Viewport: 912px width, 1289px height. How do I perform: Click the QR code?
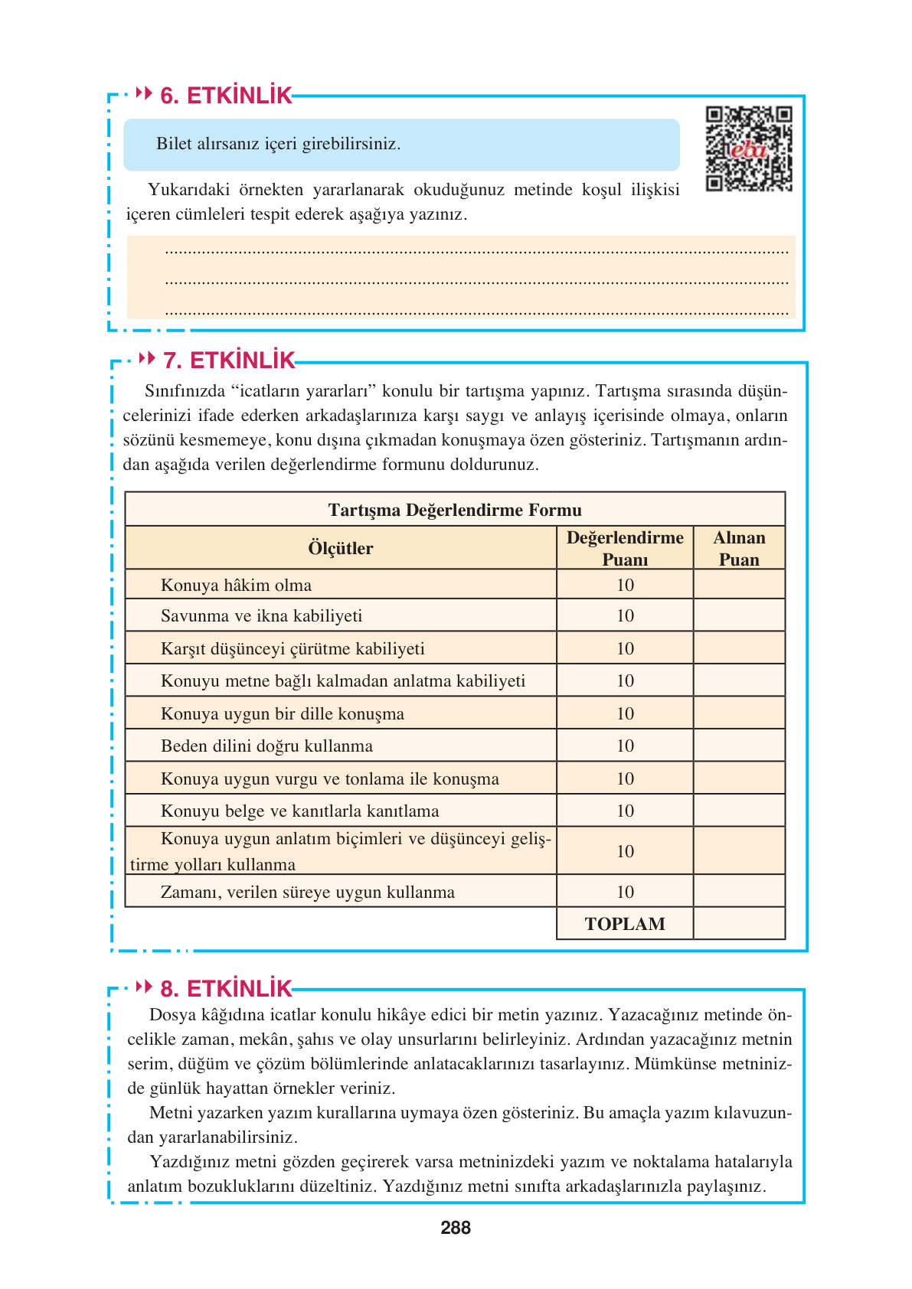tap(748, 148)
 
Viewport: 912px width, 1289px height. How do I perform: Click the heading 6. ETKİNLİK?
tap(226, 96)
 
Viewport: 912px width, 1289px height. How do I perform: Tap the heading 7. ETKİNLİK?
tap(229, 361)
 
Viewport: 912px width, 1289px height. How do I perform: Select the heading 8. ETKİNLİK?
tap(226, 988)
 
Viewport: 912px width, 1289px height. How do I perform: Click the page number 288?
tap(456, 1228)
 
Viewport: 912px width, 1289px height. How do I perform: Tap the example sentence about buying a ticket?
tap(278, 144)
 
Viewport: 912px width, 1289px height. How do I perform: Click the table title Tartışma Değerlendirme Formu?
tap(455, 510)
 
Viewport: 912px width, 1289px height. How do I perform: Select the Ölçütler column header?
tap(340, 548)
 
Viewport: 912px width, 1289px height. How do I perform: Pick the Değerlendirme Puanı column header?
tap(625, 548)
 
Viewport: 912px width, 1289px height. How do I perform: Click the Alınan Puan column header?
tap(739, 548)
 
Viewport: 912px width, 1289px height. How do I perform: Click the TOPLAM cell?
tap(625, 924)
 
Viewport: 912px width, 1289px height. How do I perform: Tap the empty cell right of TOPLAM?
tap(739, 924)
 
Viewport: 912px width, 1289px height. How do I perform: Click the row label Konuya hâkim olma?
tap(236, 586)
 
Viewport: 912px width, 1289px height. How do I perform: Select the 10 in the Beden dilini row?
tap(625, 746)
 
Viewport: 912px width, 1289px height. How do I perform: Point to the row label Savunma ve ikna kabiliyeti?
tap(261, 616)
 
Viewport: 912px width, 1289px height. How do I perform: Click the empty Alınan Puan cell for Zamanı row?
tap(739, 892)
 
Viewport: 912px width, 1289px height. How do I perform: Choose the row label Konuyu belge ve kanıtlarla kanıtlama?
tap(299, 811)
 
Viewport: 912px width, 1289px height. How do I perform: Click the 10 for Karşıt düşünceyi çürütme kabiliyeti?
tap(625, 649)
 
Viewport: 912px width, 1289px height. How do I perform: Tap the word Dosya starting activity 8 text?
tap(172, 1015)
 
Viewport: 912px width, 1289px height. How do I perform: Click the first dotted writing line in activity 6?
tap(476, 251)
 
